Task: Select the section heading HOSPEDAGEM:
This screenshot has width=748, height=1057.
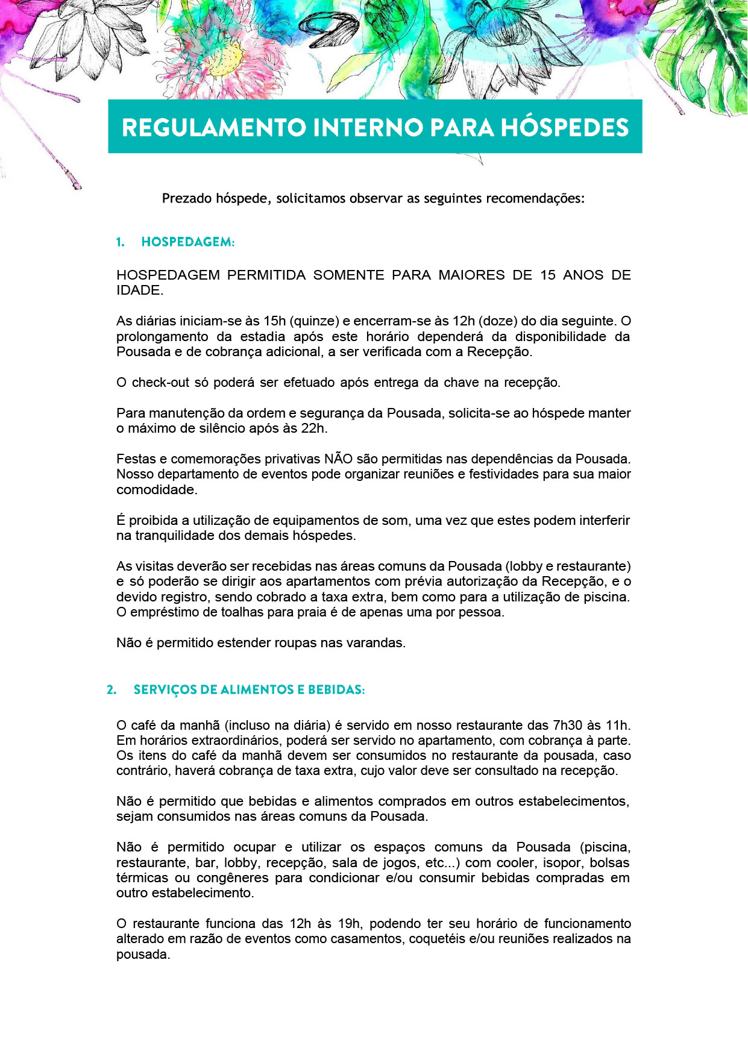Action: [187, 242]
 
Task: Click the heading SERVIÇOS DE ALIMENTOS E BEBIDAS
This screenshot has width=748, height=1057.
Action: [249, 690]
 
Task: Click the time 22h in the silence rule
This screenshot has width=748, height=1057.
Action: [313, 428]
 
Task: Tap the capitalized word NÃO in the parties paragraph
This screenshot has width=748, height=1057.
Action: [338, 459]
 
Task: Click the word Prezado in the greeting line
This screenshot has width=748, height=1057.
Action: [187, 198]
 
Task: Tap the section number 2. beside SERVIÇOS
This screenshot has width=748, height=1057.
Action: [112, 690]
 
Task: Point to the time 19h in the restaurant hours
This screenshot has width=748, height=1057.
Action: [349, 924]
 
